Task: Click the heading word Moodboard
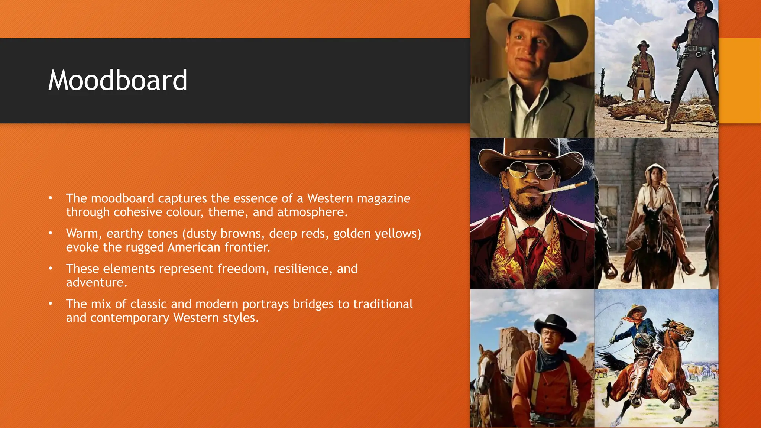tap(117, 81)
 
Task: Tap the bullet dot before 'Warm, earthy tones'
tap(51, 233)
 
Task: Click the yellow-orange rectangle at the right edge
tap(739, 80)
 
